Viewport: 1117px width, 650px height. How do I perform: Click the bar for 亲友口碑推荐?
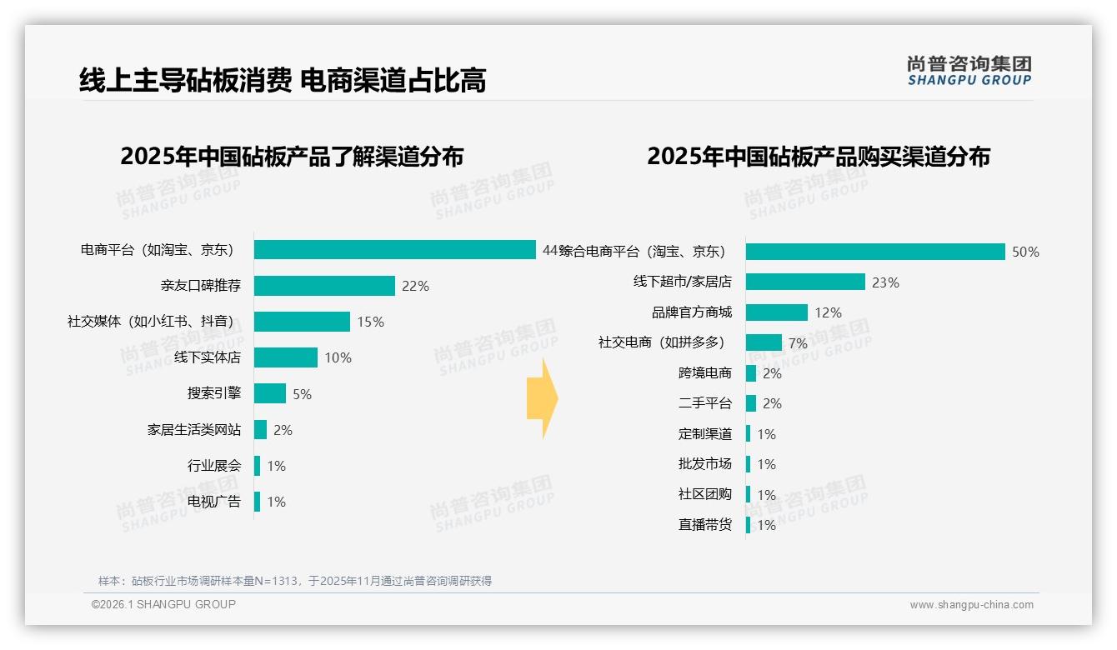324,286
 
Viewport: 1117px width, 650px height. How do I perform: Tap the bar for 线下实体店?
286,357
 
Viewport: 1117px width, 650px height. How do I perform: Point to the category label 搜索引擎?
214,393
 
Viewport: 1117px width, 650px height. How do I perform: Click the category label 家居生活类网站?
194,430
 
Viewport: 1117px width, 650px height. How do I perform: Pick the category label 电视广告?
214,502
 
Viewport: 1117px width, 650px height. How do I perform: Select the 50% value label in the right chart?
1025,252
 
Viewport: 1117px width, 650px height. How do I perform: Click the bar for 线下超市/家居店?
805,282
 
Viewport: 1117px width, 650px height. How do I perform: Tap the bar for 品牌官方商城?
777,312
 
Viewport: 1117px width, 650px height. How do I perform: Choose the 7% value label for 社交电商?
798,343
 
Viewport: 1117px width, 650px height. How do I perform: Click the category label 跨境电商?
705,373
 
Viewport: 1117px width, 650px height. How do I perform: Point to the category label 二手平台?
705,403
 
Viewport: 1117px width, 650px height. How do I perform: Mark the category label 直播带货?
705,525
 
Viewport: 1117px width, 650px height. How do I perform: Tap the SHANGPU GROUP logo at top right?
969,70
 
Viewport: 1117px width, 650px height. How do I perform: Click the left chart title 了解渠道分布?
292,157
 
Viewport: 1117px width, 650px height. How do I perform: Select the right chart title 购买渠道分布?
819,157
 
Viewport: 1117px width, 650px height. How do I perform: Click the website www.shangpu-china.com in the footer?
971,605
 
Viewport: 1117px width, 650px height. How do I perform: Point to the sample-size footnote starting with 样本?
295,581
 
